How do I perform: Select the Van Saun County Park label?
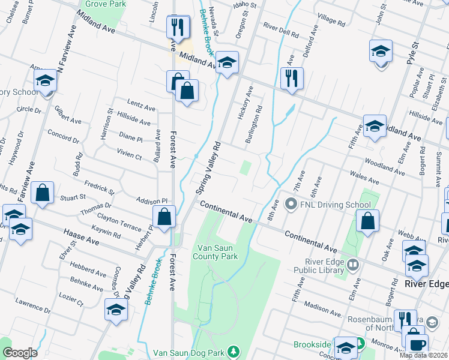pos(218,252)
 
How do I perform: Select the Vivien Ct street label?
pos(129,156)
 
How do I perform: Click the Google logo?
pos(20,353)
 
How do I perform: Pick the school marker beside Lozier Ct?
pos(115,310)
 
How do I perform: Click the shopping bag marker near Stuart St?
pos(43,193)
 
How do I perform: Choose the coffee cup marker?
pos(417,344)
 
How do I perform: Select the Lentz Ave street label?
pos(141,106)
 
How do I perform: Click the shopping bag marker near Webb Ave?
pos(367,221)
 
